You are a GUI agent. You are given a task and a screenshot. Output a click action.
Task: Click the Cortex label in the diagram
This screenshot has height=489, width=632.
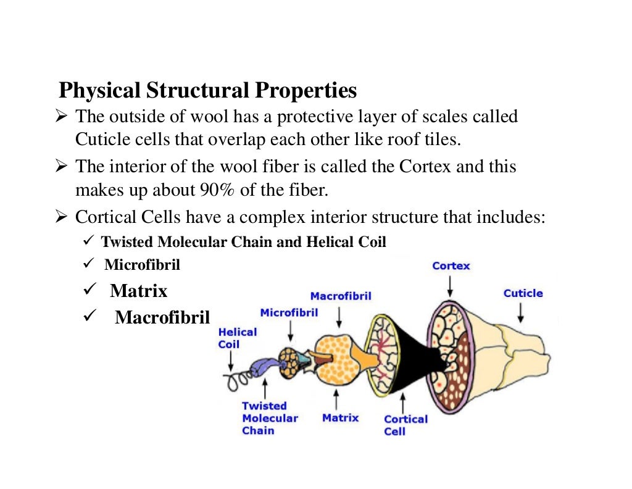tap(451, 266)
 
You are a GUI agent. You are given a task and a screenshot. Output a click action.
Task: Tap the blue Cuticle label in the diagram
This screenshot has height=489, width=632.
tap(523, 293)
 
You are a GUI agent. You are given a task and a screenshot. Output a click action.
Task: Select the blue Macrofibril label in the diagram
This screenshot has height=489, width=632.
tap(341, 296)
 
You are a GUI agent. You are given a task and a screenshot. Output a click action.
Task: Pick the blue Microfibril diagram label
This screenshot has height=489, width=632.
tap(289, 312)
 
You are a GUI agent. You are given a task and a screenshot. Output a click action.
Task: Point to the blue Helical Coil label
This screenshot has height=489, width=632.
tap(237, 338)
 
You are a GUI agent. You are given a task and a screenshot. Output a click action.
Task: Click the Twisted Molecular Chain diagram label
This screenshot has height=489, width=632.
tap(269, 418)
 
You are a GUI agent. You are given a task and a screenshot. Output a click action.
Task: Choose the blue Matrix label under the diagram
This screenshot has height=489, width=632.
tap(340, 418)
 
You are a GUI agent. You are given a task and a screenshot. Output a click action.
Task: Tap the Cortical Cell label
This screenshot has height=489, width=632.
tap(405, 425)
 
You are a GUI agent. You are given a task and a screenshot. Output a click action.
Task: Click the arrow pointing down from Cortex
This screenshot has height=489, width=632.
tap(451, 285)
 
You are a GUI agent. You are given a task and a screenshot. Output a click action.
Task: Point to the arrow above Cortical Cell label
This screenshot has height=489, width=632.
tap(403, 401)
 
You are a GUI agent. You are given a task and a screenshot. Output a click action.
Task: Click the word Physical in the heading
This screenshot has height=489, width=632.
tap(99, 91)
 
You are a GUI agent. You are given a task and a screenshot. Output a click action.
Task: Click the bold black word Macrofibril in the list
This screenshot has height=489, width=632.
tap(162, 318)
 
